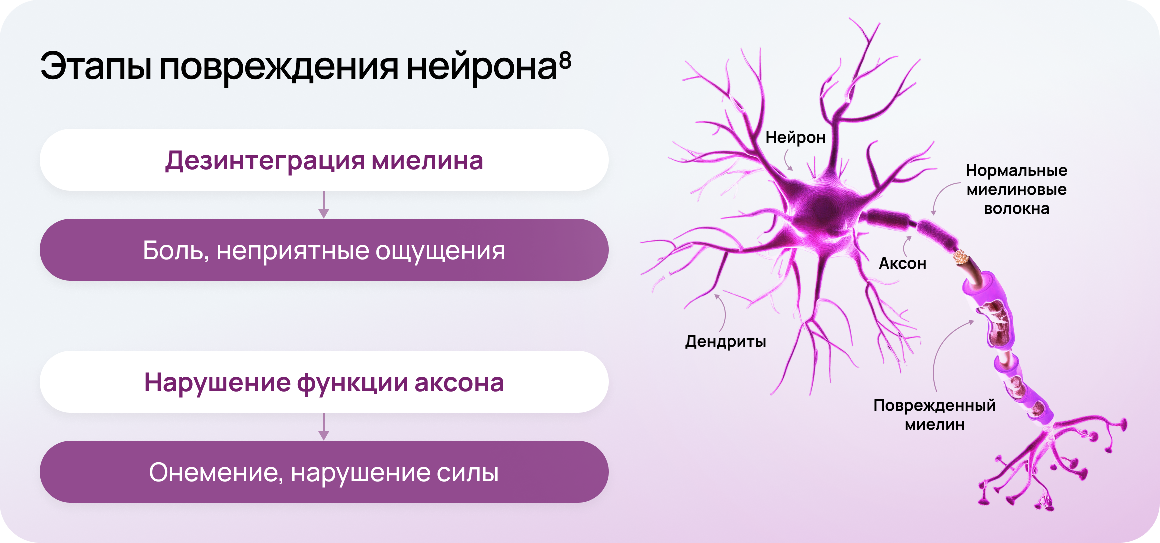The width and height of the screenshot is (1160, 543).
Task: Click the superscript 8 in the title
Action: pos(565,60)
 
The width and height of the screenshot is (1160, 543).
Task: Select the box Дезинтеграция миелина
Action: pos(324,160)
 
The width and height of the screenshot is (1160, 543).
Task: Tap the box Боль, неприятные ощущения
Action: pos(324,250)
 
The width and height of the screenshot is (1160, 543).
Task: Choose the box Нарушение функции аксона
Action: pos(324,382)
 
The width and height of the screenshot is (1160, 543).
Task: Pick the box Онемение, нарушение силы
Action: pos(324,472)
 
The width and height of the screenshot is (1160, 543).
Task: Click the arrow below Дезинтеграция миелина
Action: pos(324,204)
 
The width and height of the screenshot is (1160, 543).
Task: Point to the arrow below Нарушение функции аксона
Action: pos(324,426)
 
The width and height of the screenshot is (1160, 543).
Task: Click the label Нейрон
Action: pos(795,137)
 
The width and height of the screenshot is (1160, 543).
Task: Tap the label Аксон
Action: pos(902,263)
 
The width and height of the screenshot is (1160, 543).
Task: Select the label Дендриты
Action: pos(725,342)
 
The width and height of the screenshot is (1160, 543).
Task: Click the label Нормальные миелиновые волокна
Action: pos(1016,189)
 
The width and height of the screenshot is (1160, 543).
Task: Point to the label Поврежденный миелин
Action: pos(934,415)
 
